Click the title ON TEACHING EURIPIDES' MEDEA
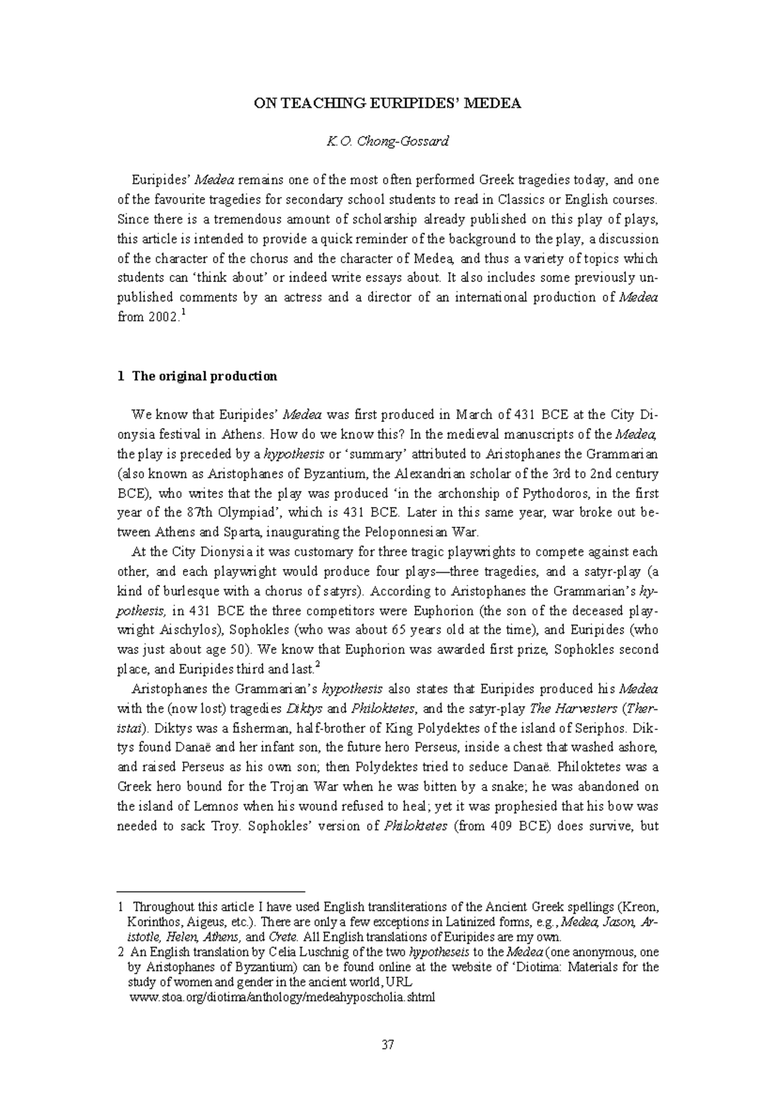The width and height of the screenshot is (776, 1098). (387, 103)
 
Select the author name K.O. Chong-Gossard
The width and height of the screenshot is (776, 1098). (387, 141)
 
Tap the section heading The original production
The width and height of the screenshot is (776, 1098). (204, 376)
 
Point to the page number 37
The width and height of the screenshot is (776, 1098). (388, 1044)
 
